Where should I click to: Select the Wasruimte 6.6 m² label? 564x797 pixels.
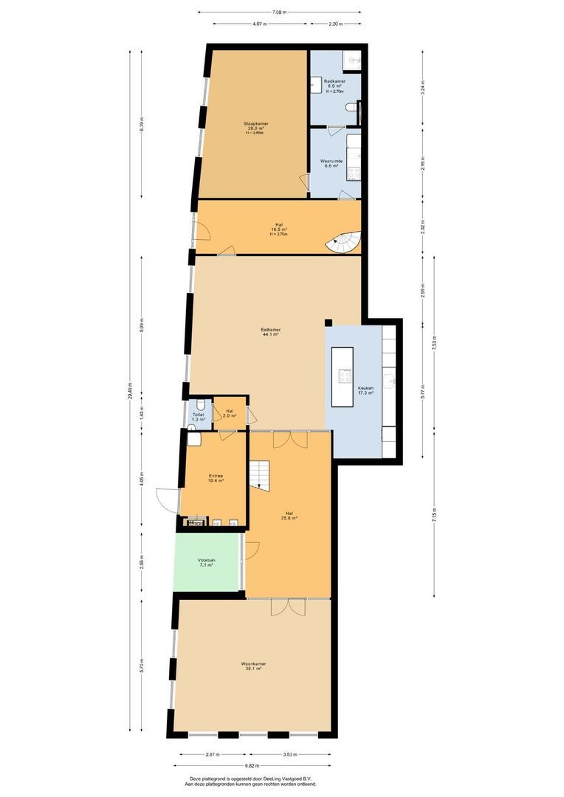pos(329,163)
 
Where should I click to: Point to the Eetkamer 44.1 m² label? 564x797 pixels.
pos(270,332)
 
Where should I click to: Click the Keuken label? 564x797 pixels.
pos(365,390)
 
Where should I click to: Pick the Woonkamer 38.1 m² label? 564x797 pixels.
pos(253,666)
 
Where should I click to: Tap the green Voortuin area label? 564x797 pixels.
pos(207,563)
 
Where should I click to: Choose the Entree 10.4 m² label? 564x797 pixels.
pos(216,477)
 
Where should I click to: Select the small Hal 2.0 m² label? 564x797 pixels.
pos(230,413)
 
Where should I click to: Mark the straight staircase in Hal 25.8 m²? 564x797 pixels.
pos(260,474)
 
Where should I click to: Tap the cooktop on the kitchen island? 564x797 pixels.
pos(345,376)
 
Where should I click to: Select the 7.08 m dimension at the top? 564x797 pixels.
pos(279,12)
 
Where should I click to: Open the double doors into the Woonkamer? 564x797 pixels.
pos(287,607)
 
